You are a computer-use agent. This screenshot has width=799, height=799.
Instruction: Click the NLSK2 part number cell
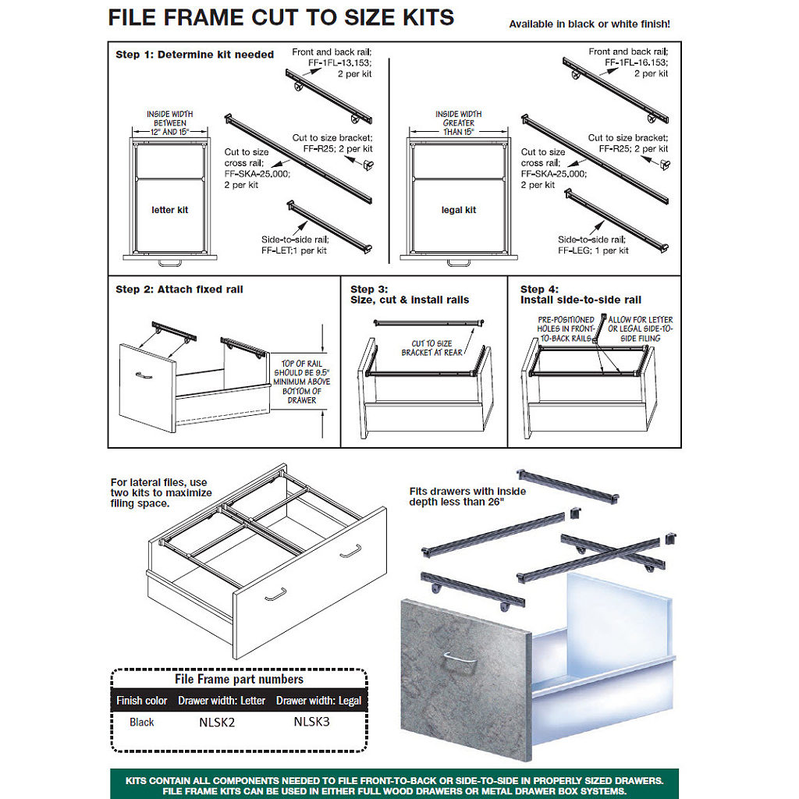[217, 723]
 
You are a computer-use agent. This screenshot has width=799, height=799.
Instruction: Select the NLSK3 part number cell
[312, 722]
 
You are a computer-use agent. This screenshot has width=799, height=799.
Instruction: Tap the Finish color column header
[142, 701]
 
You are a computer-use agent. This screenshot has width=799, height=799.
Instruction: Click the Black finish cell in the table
[142, 723]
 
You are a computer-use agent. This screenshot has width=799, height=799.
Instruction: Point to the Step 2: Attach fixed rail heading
[179, 289]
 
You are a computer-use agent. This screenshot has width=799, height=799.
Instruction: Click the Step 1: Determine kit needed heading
[194, 55]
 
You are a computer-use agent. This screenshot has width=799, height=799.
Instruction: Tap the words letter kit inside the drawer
[169, 210]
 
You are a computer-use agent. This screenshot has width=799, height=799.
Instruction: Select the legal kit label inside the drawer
[459, 210]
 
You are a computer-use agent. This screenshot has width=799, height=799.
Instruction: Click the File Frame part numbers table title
[239, 680]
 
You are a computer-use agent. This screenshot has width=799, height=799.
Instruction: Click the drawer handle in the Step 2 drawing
[144, 375]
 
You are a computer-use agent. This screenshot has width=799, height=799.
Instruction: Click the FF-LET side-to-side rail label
[295, 250]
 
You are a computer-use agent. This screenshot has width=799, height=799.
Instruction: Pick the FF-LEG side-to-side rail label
[593, 250]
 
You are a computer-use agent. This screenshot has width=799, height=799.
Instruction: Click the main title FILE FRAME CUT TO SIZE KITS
[281, 18]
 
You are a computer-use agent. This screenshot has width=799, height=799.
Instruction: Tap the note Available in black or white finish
[589, 24]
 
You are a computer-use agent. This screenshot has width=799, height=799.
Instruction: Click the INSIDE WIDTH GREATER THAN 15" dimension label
[459, 123]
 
